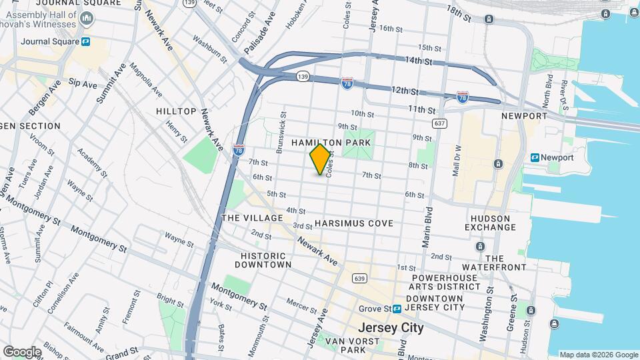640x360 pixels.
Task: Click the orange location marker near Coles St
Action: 321,159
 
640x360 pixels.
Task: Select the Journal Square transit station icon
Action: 86,41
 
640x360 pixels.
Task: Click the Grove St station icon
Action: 397,309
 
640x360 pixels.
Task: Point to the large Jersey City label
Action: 391,327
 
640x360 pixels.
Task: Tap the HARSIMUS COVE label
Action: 354,223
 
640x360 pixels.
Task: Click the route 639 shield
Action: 359,278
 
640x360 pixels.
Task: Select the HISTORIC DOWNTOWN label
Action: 263,260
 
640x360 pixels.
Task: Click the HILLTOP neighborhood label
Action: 176,111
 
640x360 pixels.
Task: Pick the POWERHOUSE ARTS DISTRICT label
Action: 445,281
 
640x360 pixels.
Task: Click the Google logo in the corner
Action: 22,351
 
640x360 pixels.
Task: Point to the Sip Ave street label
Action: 83,84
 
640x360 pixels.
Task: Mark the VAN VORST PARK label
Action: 345,345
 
